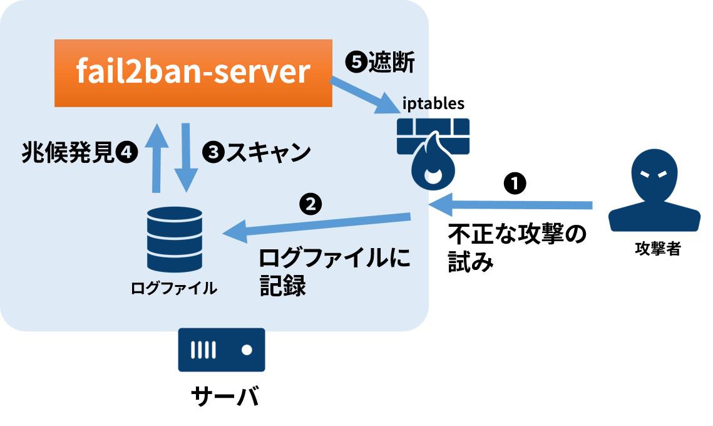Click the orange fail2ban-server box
click(x=193, y=73)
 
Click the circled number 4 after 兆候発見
click(x=127, y=152)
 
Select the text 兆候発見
click(x=68, y=152)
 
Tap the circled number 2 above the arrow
click(x=310, y=204)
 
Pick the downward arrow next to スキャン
click(x=186, y=157)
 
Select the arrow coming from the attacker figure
click(x=510, y=204)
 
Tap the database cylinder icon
click(x=175, y=239)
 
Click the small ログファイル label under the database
click(x=173, y=288)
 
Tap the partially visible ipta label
click(x=414, y=105)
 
